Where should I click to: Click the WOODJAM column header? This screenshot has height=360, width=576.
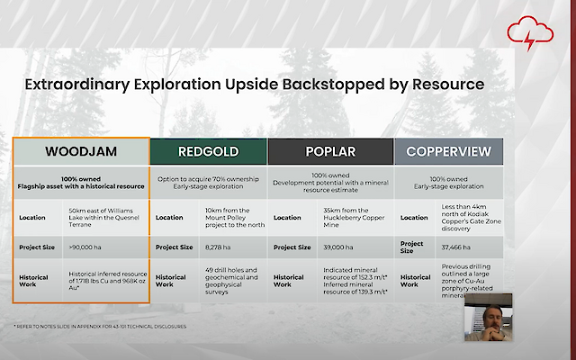[x=80, y=151]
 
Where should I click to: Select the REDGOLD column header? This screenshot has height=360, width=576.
[x=208, y=151]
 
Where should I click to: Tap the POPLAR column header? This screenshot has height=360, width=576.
[x=330, y=151]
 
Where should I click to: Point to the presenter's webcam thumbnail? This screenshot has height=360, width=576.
[x=487, y=317]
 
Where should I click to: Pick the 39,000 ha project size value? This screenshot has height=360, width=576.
[x=338, y=247]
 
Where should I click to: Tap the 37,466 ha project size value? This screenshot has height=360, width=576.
[x=455, y=247]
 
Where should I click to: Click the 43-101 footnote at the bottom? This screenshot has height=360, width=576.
[x=99, y=326]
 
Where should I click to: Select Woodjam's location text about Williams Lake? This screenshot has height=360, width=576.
[x=106, y=217]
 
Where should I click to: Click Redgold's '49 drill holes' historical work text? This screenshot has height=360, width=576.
[x=231, y=279]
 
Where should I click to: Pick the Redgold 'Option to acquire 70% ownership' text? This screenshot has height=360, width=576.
[x=208, y=179]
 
